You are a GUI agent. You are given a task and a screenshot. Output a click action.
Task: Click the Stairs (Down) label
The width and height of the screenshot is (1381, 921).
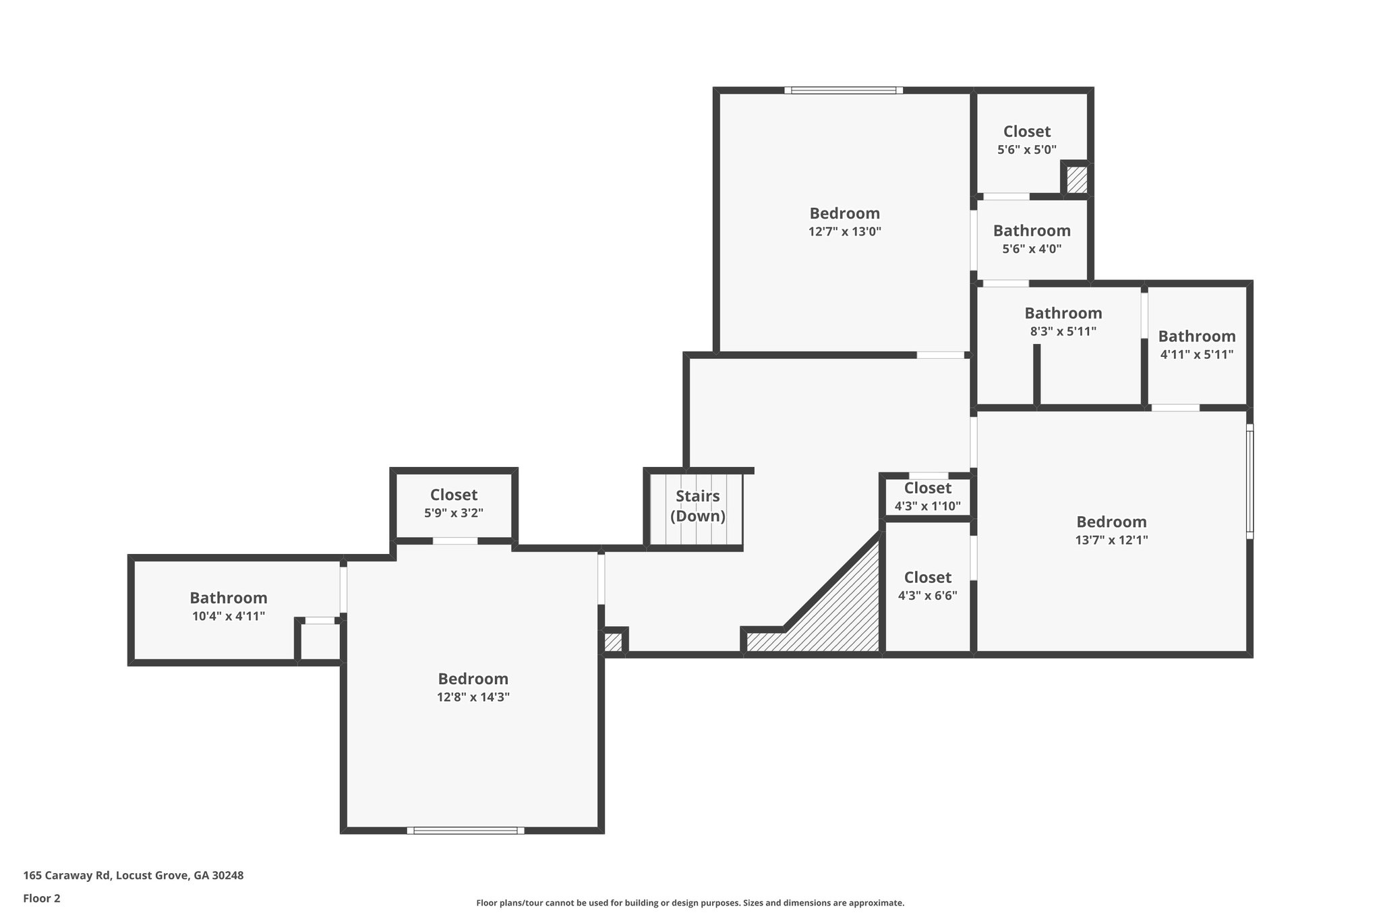(697, 506)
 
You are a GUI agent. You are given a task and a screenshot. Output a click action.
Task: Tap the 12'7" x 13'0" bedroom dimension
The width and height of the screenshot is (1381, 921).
(844, 231)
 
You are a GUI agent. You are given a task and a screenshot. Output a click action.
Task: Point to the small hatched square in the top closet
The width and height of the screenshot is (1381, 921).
(1076, 180)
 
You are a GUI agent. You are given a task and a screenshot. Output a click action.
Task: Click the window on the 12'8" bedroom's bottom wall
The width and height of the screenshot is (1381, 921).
(465, 831)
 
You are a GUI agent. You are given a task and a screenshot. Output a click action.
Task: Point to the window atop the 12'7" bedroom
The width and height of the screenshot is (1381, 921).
(844, 90)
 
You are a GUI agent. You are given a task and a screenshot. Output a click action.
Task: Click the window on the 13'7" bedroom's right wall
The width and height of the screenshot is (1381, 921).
(1249, 482)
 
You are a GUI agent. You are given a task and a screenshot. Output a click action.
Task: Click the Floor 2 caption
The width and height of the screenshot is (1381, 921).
(41, 898)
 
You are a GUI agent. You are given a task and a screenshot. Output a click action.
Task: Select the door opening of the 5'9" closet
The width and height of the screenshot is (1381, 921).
(454, 540)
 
